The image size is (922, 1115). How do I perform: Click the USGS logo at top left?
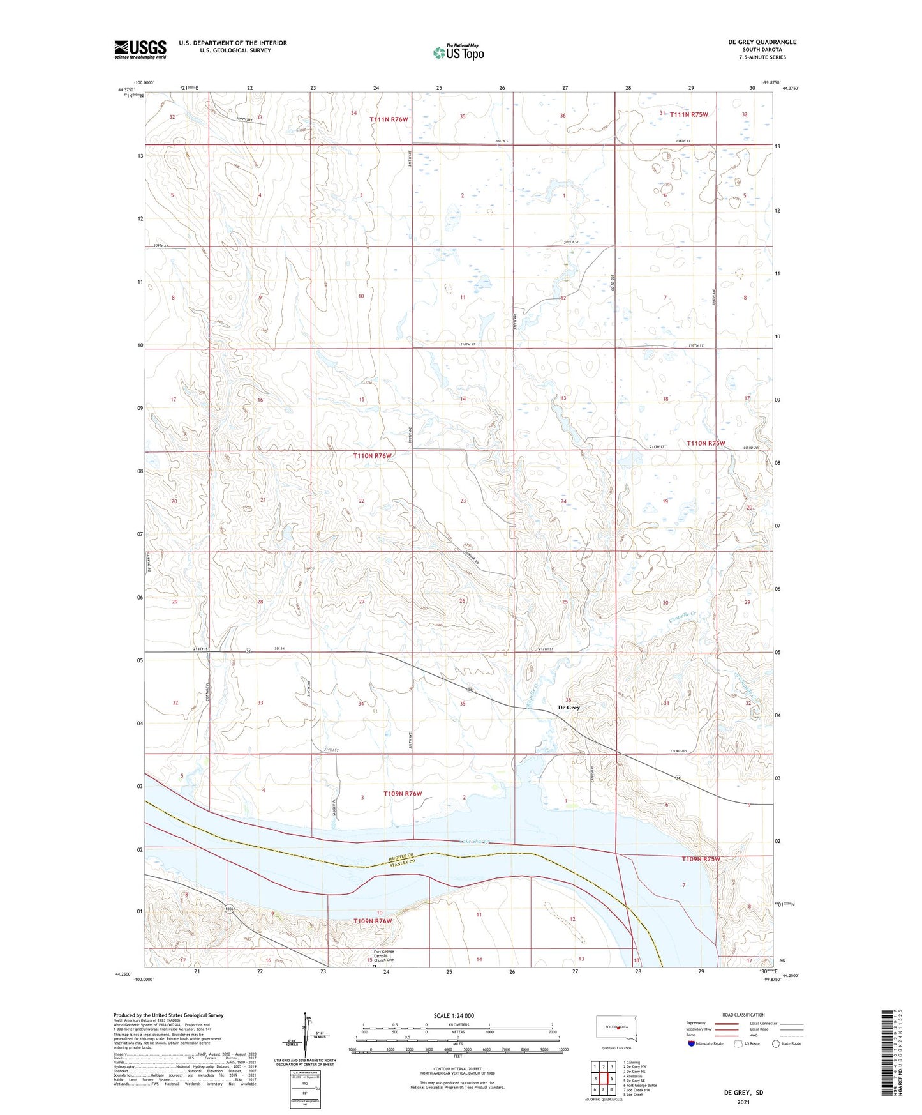(140, 49)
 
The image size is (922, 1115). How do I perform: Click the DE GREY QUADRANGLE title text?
(762, 42)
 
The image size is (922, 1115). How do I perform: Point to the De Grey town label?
(569, 708)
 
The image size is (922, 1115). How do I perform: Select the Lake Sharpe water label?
(473, 842)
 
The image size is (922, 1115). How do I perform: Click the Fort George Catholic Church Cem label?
(384, 956)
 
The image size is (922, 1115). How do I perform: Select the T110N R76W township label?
(372, 455)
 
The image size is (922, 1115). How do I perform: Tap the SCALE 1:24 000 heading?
(453, 1015)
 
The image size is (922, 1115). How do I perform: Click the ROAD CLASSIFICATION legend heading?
(743, 1015)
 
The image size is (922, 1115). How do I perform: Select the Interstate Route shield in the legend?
(692, 1043)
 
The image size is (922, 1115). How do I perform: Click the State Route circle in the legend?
(776, 1043)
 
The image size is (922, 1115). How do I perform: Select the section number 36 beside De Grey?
(568, 701)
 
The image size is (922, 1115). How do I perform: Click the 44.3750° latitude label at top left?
(127, 90)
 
